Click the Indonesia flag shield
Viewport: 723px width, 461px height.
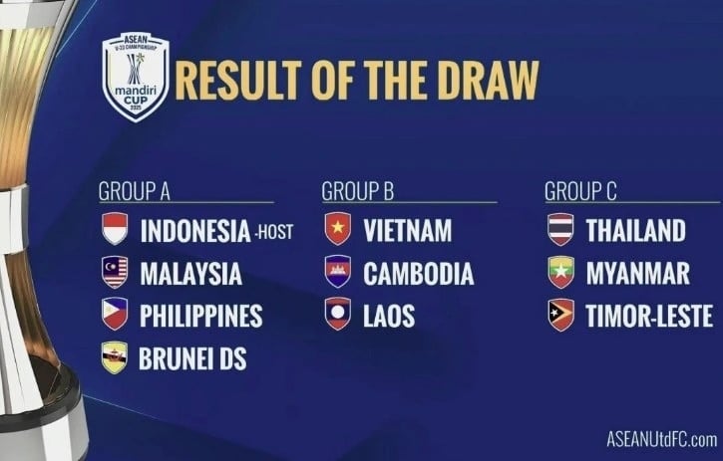click(x=115, y=228)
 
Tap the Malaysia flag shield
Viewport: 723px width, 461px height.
click(x=115, y=272)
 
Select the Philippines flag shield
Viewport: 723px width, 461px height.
click(x=115, y=314)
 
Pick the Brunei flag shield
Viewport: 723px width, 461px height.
click(x=115, y=357)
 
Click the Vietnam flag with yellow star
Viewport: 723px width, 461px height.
click(x=338, y=228)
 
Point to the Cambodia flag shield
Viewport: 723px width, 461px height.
click(x=338, y=272)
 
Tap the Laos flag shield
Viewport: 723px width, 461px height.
click(x=338, y=314)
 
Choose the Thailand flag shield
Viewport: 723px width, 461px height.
click(x=561, y=229)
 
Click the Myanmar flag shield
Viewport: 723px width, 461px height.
click(x=561, y=272)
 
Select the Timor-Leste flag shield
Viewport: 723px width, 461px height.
click(x=561, y=315)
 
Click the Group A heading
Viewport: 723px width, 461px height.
click(x=135, y=191)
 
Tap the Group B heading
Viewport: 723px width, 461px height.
click(x=358, y=191)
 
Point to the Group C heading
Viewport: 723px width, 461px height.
click(x=580, y=191)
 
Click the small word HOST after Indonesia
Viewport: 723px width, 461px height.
click(x=275, y=232)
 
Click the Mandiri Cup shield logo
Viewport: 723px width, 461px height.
click(x=136, y=77)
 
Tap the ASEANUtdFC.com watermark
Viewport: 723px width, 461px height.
click(x=662, y=439)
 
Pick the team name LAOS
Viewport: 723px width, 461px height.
click(x=389, y=316)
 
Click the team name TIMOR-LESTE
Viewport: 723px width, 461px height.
click(x=649, y=316)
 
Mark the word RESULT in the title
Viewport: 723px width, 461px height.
click(x=238, y=80)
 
